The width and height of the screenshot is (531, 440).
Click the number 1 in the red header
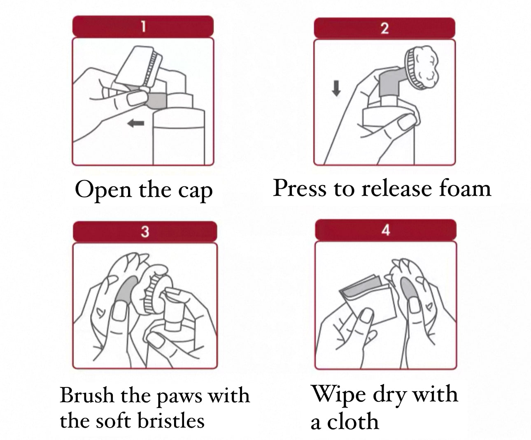point(143,26)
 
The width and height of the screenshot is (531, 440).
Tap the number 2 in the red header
point(384,28)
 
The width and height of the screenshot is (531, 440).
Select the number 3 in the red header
point(145,232)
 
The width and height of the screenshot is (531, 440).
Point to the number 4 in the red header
point(386,230)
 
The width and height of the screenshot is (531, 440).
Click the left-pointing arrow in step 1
point(136,123)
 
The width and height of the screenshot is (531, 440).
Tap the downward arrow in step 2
point(336,88)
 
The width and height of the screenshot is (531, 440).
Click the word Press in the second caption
point(299,188)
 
